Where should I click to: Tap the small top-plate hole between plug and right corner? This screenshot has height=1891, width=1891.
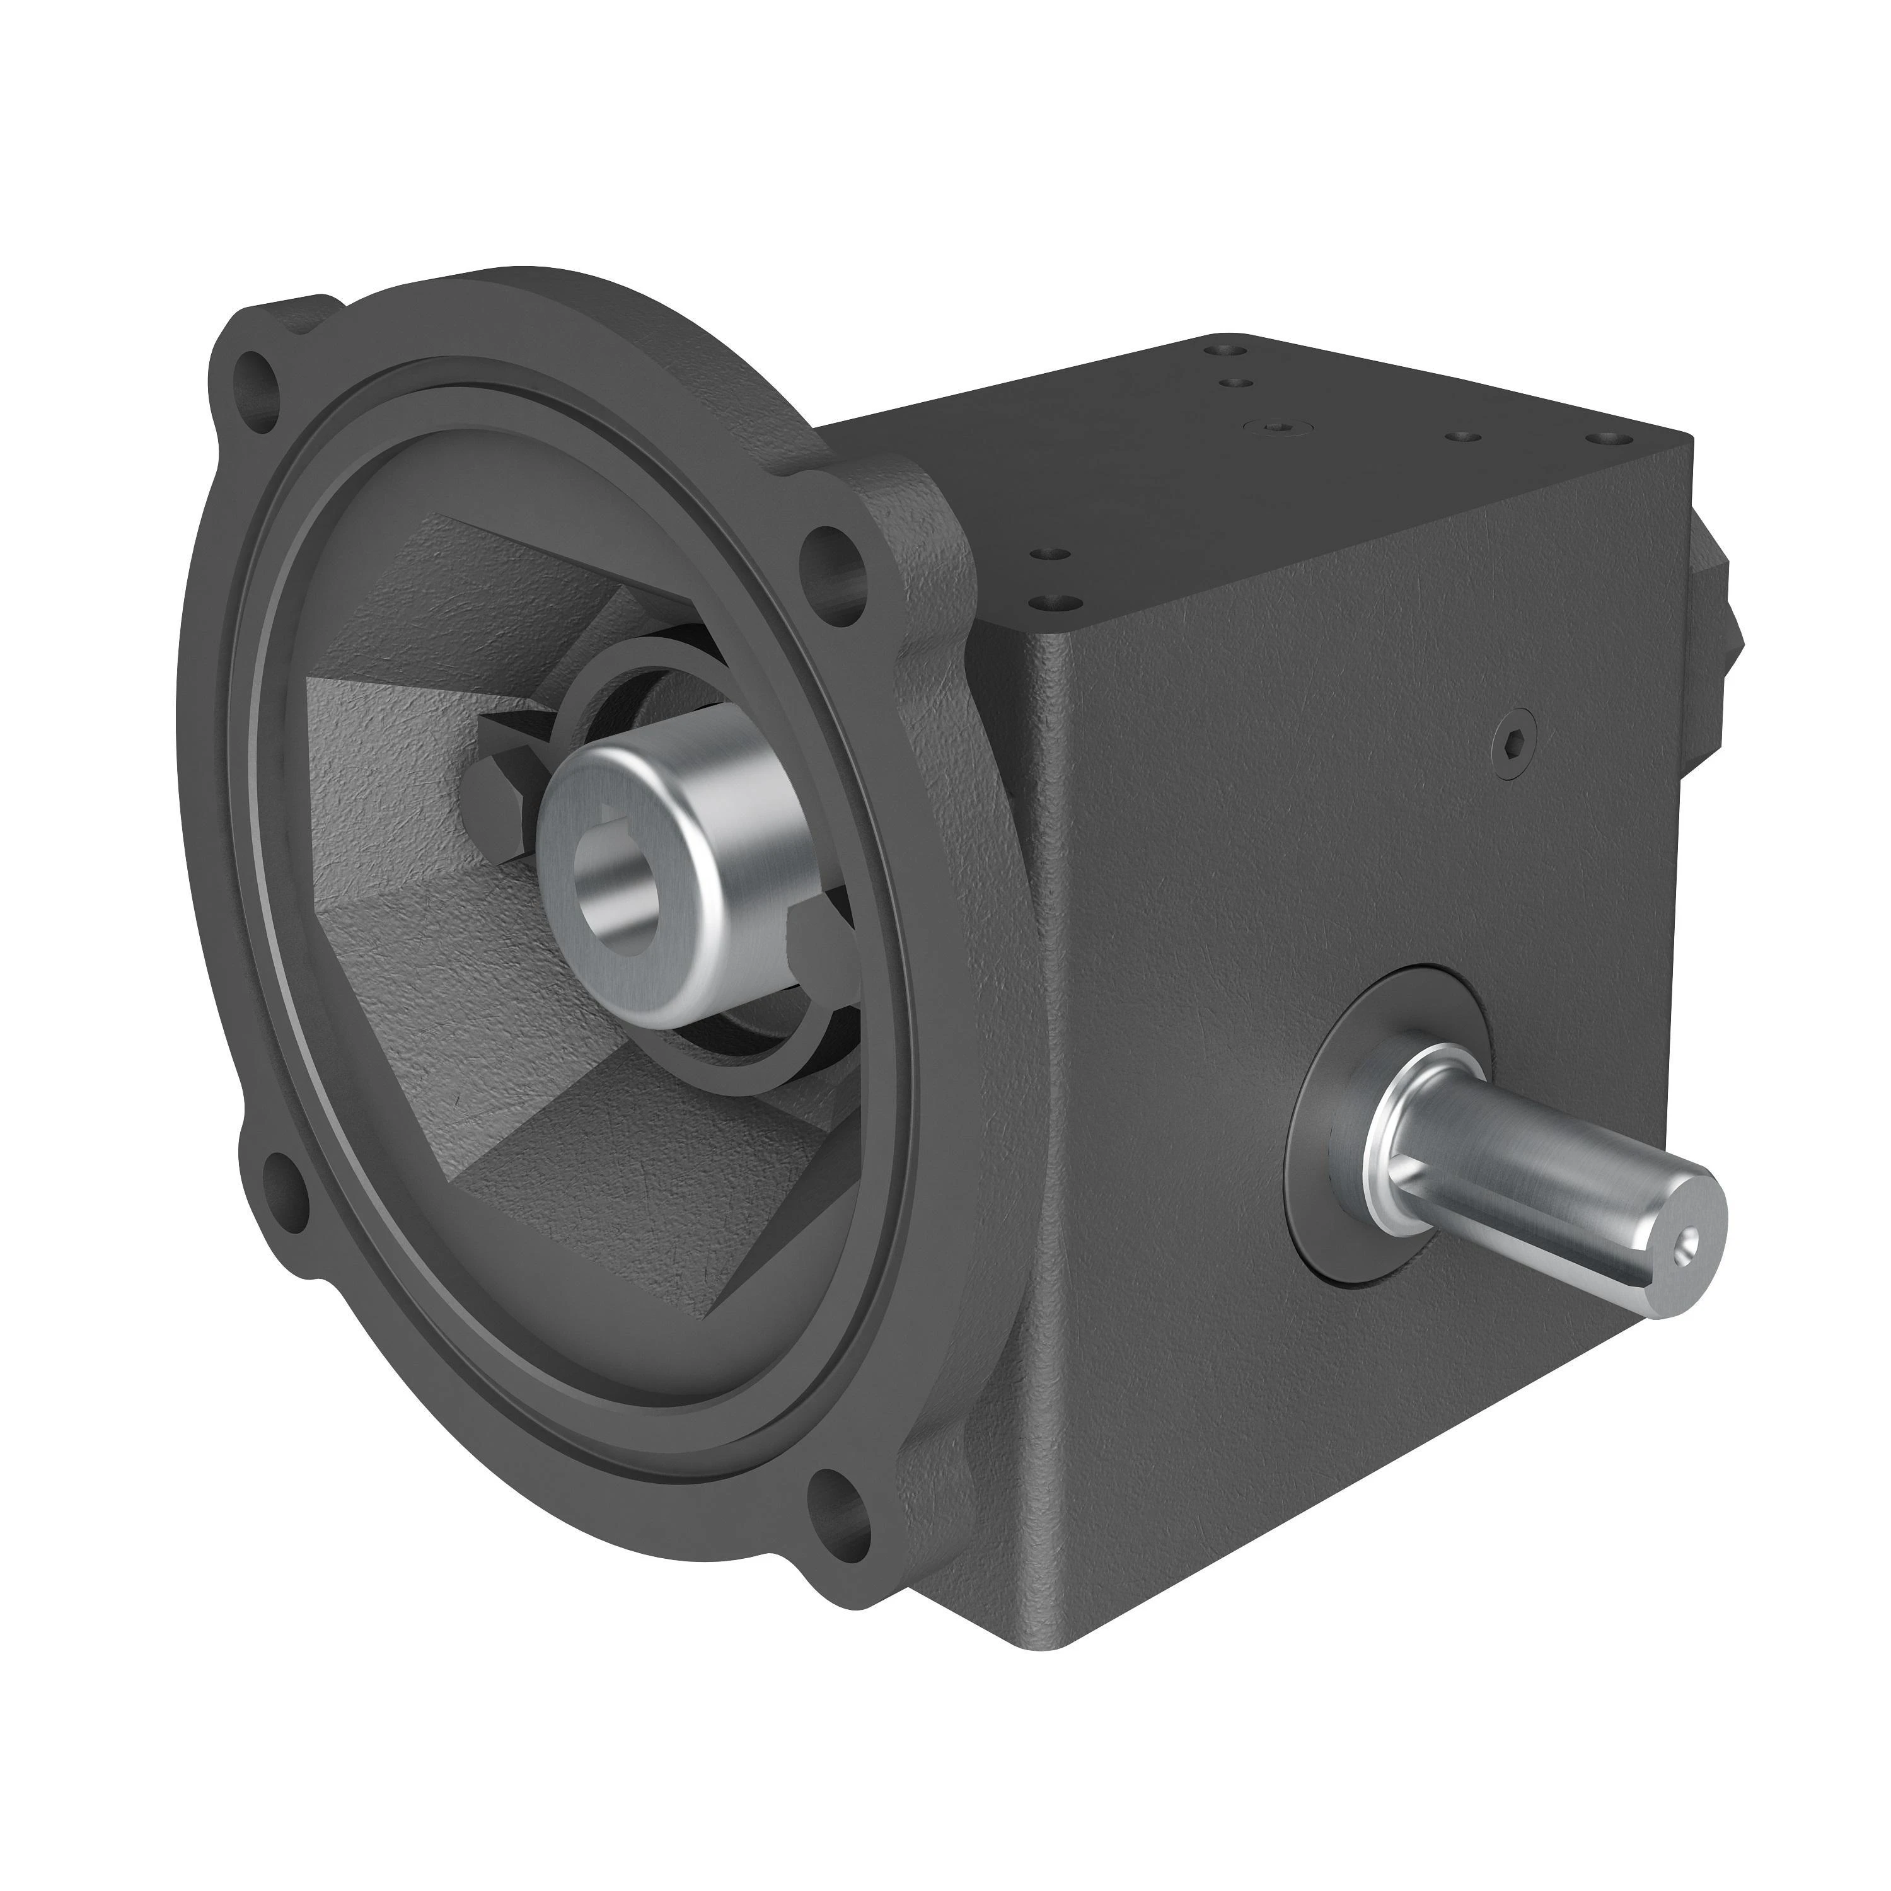click(x=1466, y=434)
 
